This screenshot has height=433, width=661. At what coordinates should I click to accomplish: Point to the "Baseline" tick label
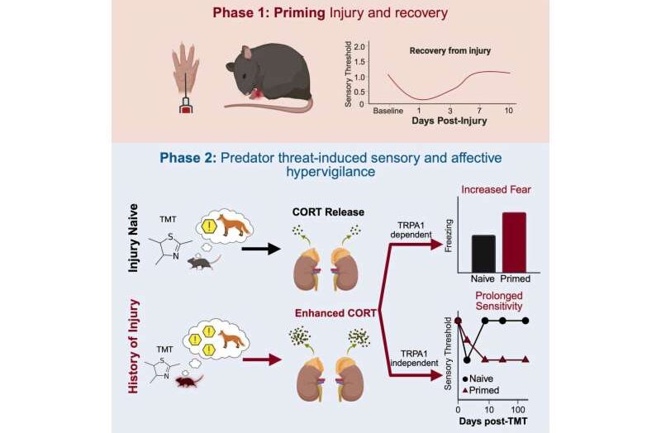tap(386, 110)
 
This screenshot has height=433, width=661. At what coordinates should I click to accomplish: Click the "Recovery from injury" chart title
tap(451, 50)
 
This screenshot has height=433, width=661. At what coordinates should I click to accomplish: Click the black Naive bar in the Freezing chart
tap(483, 252)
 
